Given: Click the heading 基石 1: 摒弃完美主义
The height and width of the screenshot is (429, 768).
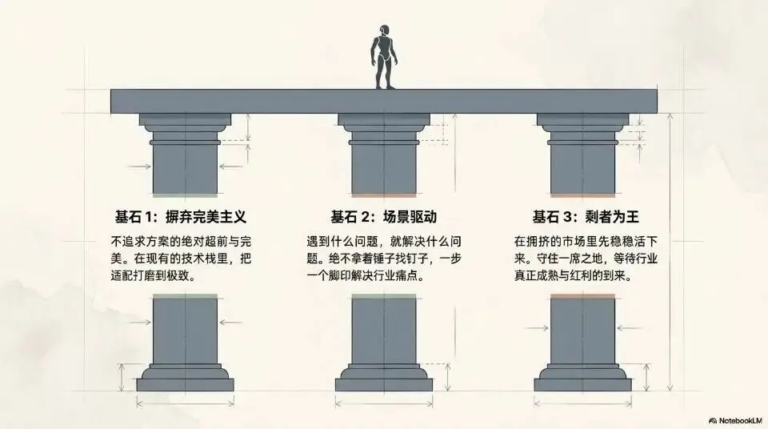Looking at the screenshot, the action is click(178, 217).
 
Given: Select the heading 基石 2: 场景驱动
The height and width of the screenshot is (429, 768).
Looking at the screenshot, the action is click(383, 217).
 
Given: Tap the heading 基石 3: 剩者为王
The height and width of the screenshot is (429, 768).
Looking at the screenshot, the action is click(588, 217).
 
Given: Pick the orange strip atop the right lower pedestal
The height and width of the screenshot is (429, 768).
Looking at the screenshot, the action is click(582, 296).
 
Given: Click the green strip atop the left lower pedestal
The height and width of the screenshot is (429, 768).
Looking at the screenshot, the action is click(185, 296).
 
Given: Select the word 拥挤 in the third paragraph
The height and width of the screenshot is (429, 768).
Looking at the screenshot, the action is click(542, 241).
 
